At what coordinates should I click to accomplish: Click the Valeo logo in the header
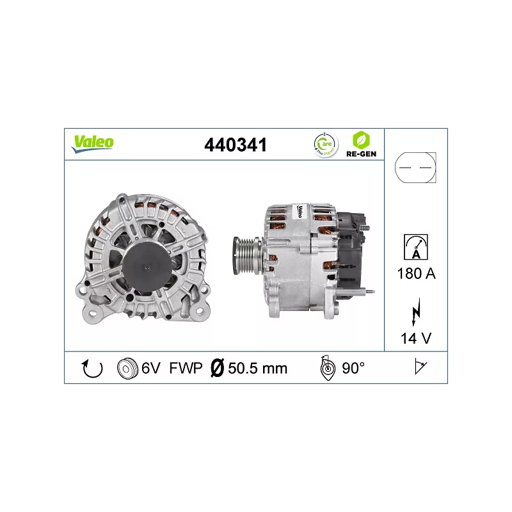pos(92,143)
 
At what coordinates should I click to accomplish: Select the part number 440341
pos(235,145)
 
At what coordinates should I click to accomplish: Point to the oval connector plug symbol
pos(415,168)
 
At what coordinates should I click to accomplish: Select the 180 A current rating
pos(416,274)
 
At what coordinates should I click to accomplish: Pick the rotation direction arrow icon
pos(93,368)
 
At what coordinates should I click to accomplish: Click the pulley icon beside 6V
pos(127,368)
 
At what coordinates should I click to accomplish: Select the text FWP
pos(186,368)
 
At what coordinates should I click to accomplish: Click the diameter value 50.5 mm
pos(256,368)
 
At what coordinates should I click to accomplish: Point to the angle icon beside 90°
pos(328,368)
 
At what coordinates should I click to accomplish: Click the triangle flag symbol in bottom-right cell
pos(420,367)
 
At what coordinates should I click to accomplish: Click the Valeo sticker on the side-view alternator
pos(298,212)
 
